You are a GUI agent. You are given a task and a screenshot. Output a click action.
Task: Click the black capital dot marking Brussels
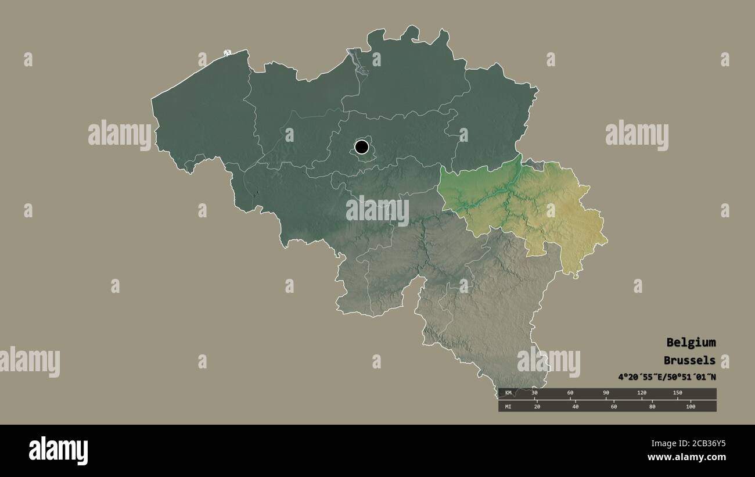point(362,147)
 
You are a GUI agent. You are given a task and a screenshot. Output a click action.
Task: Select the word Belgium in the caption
point(691,342)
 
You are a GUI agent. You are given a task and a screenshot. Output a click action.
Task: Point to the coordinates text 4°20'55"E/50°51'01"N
point(667,377)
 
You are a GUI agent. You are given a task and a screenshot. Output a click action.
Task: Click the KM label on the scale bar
point(508,393)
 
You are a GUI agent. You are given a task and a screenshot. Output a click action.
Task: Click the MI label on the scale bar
point(508,407)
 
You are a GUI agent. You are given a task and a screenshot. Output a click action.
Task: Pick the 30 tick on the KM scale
point(535,393)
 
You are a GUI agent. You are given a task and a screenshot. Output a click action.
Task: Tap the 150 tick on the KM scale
point(677,393)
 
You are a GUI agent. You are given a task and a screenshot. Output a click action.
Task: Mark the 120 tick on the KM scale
point(642,393)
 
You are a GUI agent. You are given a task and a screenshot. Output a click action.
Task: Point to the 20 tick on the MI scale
point(537,407)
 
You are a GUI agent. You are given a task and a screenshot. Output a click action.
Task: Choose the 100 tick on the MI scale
point(691,407)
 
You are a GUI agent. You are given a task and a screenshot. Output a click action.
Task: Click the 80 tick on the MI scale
point(652,407)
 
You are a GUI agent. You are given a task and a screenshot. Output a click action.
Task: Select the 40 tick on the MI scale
point(575,407)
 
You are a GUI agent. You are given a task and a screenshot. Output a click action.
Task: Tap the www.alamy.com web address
point(685,457)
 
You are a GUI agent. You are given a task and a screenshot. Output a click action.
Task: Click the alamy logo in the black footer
point(59,451)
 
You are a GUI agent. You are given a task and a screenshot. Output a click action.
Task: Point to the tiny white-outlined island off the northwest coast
point(227,53)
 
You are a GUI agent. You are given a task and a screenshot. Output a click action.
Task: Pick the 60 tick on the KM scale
point(571,393)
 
